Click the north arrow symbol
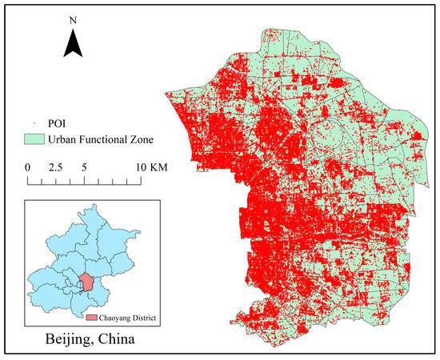[74, 42]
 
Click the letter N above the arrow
[74, 17]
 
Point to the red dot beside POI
[35, 125]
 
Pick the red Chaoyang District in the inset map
[86, 282]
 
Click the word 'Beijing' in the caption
[63, 339]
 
